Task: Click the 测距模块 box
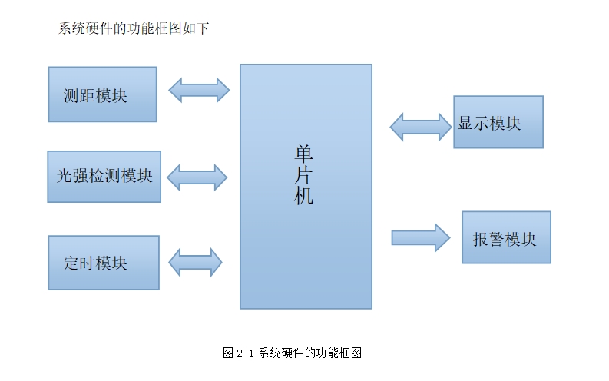(x=102, y=94)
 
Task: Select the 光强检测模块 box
(x=104, y=177)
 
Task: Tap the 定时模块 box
(x=103, y=263)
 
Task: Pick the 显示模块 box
(x=498, y=122)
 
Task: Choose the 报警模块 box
(x=506, y=237)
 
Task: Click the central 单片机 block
(x=306, y=230)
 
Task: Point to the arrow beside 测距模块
(x=199, y=90)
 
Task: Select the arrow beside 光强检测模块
(x=197, y=177)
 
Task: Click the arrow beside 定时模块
(x=195, y=263)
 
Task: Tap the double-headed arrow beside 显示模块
(x=421, y=126)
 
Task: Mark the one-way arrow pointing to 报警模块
(x=420, y=237)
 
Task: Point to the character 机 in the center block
(x=304, y=196)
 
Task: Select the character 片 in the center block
(x=304, y=175)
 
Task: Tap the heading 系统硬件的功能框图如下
(x=134, y=29)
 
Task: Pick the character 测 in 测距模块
(x=71, y=96)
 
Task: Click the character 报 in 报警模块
(x=481, y=239)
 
